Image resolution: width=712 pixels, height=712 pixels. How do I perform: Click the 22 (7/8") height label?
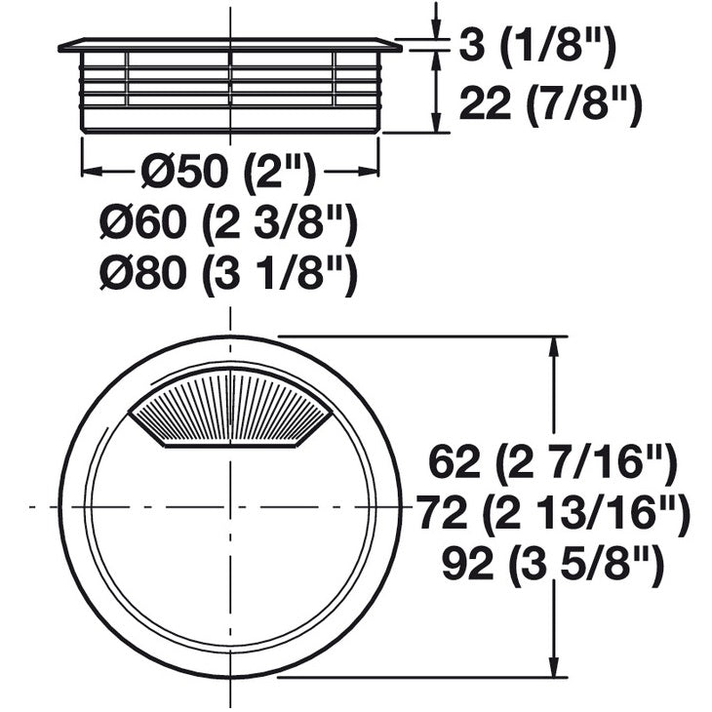pyautogui.click(x=549, y=102)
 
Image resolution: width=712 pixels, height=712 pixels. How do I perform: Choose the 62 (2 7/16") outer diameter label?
pyautogui.click(x=552, y=462)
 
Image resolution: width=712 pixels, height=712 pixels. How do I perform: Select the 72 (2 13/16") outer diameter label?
pyautogui.click(x=553, y=513)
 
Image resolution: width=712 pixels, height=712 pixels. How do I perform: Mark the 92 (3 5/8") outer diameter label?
pyautogui.click(x=553, y=565)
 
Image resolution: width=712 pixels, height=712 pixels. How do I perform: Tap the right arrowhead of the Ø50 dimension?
pyautogui.click(x=370, y=172)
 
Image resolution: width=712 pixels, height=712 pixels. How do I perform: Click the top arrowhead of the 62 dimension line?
pyautogui.click(x=557, y=346)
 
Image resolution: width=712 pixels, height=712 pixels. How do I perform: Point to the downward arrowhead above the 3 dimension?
pyautogui.click(x=436, y=31)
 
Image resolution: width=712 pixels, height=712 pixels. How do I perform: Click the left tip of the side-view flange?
pyautogui.click(x=60, y=45)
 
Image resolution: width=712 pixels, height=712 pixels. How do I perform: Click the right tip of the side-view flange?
pyautogui.click(x=399, y=45)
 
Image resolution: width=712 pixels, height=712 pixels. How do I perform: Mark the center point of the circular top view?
pyautogui.click(x=231, y=506)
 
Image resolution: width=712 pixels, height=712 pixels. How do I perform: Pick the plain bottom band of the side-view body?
pyautogui.click(x=230, y=119)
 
